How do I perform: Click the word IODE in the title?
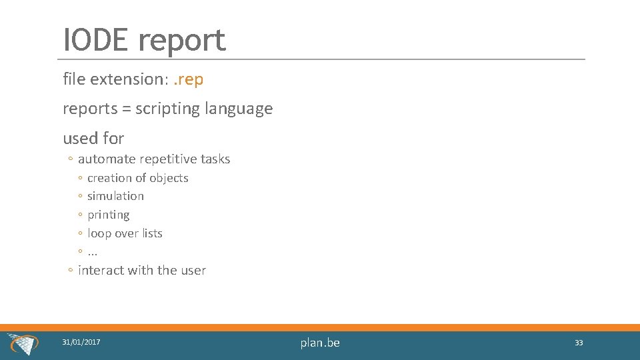tap(96, 40)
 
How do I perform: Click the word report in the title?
tap(182, 41)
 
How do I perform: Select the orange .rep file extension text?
tap(188, 79)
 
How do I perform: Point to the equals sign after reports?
tap(125, 109)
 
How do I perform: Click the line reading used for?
tap(93, 138)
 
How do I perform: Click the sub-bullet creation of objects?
tap(137, 178)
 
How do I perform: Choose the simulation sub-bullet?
tap(115, 196)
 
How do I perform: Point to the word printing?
tap(109, 215)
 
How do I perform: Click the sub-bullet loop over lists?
tap(125, 233)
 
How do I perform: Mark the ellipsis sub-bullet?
tap(93, 252)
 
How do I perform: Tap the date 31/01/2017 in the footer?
tap(81, 342)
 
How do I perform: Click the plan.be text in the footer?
tap(320, 343)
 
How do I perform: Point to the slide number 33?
tap(579, 343)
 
